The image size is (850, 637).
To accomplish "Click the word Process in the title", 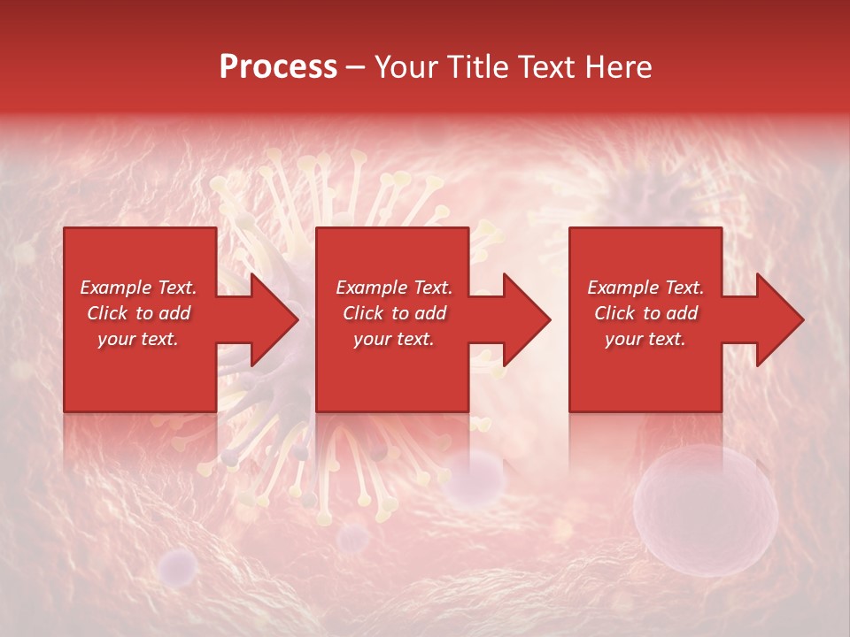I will [278, 67].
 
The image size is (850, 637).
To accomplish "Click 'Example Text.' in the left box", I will [138, 288].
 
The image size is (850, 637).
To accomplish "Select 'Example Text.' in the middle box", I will [394, 288].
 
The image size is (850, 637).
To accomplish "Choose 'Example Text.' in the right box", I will [645, 288].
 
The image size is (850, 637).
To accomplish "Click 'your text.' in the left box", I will [138, 339].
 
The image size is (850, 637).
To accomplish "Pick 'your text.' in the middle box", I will [394, 339].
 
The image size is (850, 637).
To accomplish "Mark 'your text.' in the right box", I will [645, 339].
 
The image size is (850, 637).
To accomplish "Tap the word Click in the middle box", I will [364, 313].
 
